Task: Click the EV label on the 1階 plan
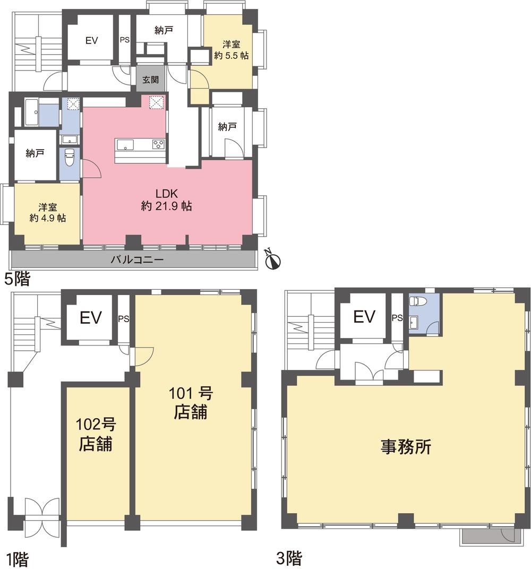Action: click(x=90, y=318)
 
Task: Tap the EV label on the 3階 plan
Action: click(x=364, y=317)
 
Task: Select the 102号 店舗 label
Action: click(x=96, y=434)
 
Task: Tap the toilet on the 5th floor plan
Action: click(x=69, y=158)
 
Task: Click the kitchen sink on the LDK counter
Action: click(x=126, y=144)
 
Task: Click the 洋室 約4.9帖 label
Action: click(x=48, y=212)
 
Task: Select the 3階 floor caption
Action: click(x=289, y=558)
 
